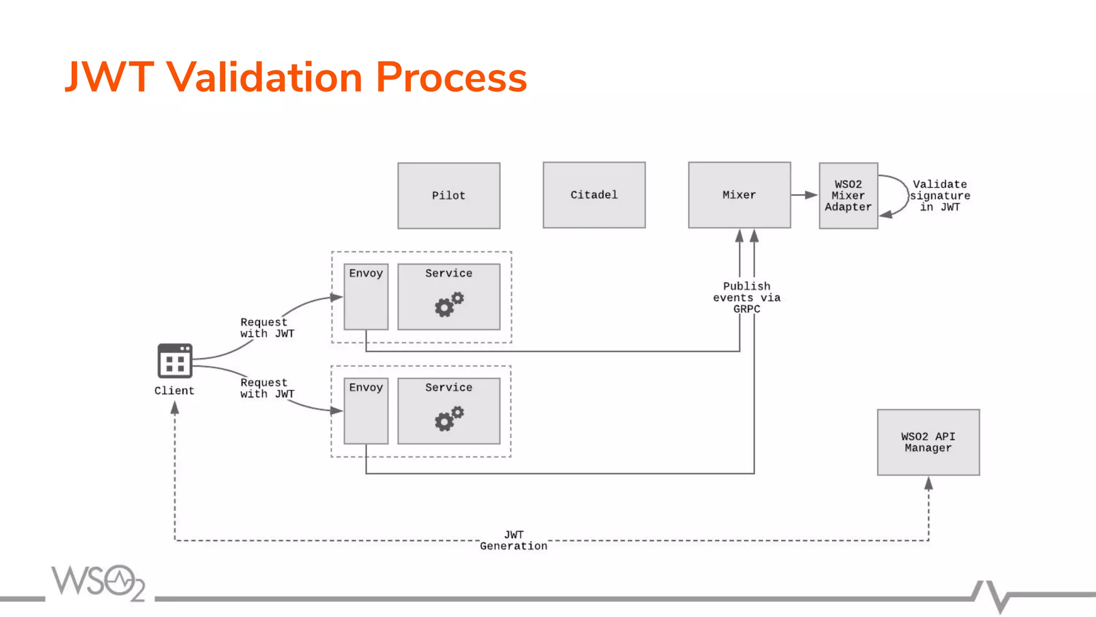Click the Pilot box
coord(448,195)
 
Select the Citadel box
coord(594,195)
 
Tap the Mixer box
coord(739,195)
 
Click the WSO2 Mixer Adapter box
coord(848,195)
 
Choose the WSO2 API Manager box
coord(928,442)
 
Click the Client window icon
coord(175,361)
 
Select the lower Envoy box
coord(366,411)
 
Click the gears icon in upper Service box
coord(449,304)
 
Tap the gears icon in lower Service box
coord(449,418)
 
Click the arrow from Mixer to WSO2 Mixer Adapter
coord(805,195)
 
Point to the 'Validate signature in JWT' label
coord(940,195)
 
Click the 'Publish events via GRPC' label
coord(747,297)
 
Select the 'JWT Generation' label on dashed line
coord(513,540)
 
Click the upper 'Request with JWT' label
coord(267,328)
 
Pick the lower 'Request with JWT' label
coord(267,388)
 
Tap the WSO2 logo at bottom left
coord(98,582)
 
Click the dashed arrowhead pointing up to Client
coord(174,408)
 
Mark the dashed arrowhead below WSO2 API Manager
coord(928,484)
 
